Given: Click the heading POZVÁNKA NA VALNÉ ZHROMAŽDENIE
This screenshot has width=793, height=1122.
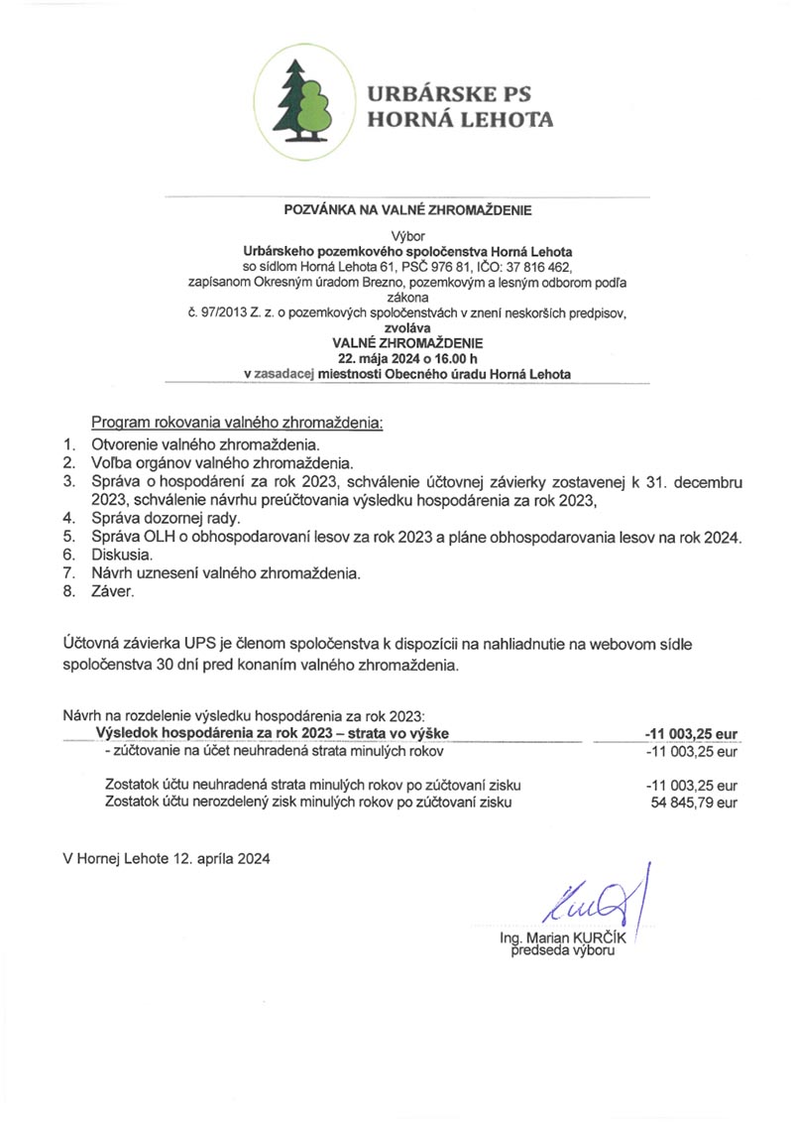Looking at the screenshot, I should (x=408, y=210).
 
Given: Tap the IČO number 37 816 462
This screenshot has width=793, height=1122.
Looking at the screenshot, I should (x=530, y=267).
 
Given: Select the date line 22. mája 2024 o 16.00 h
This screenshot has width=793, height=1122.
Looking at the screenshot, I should (x=407, y=359).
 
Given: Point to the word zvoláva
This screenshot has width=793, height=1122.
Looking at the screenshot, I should (x=407, y=328).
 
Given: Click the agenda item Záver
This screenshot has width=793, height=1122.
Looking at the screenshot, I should (x=111, y=591).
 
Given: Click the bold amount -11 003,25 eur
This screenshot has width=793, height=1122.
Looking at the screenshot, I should (x=691, y=733).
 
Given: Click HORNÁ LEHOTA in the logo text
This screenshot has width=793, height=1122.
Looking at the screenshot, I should (x=460, y=120).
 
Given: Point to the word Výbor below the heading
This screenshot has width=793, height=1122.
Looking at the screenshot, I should (x=407, y=236).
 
